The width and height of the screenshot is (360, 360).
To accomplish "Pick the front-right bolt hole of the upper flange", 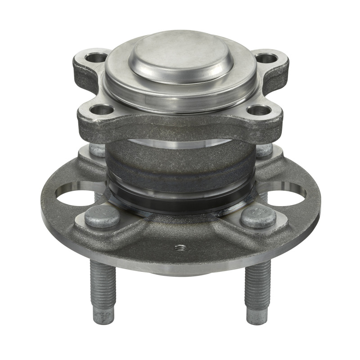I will click(x=259, y=110).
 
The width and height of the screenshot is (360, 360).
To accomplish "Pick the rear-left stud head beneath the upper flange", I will click(x=96, y=150).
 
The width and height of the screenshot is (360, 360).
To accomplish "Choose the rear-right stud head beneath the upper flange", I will click(x=264, y=150).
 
